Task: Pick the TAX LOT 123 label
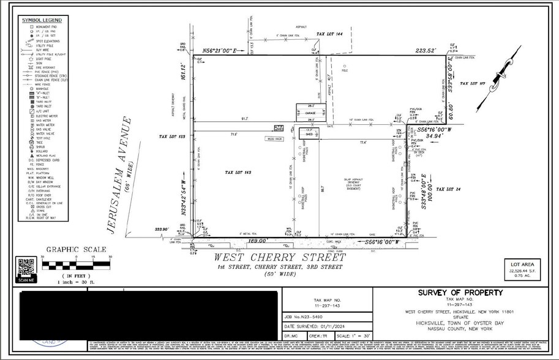point(172,137)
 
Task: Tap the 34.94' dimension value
point(428,137)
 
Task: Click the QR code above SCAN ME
point(25,267)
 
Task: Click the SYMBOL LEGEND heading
point(38,20)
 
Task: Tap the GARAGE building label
point(311,113)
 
